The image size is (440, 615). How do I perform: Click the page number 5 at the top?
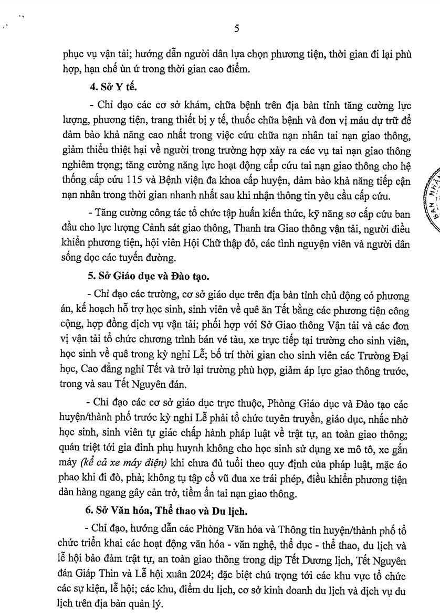click(237, 29)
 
